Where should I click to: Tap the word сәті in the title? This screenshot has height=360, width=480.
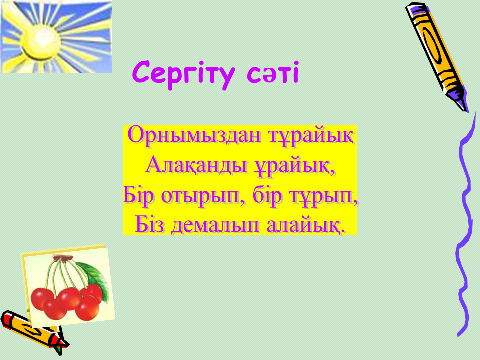[273, 73]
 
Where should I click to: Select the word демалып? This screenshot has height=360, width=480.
[216, 226]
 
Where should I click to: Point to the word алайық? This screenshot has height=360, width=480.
[306, 225]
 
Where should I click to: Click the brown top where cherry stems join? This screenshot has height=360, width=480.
[63, 258]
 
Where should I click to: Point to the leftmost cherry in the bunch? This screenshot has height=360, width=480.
[41, 298]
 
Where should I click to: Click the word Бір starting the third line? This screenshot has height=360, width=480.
[138, 195]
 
